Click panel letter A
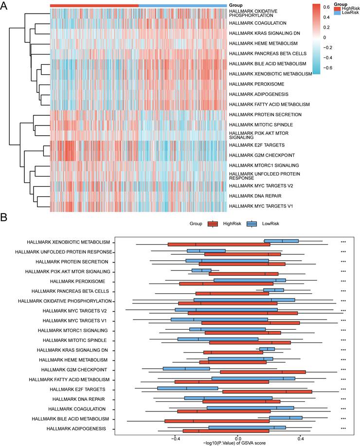click(x=3, y=5)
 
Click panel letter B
click(x=3, y=217)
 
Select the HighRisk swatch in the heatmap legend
click(x=337, y=9)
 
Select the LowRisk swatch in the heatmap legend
click(x=337, y=13)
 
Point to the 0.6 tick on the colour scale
click(x=326, y=7)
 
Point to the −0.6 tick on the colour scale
click(x=328, y=68)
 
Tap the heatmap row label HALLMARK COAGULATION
click(x=257, y=23)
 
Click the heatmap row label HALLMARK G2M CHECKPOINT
click(x=262, y=155)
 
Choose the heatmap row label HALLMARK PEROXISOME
click(x=256, y=84)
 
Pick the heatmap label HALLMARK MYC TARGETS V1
click(x=261, y=206)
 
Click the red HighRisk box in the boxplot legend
click(x=213, y=224)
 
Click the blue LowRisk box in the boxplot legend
click(x=252, y=224)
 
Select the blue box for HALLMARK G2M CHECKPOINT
click(x=186, y=369)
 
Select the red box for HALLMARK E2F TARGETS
click(x=267, y=392)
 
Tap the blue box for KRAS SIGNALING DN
click(x=267, y=349)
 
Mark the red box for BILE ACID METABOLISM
click(x=217, y=421)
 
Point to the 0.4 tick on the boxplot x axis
click(x=301, y=439)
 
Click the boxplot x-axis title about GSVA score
click(x=234, y=443)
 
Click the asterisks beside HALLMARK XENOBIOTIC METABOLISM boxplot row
click(x=343, y=242)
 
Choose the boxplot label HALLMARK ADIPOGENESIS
click(x=76, y=428)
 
